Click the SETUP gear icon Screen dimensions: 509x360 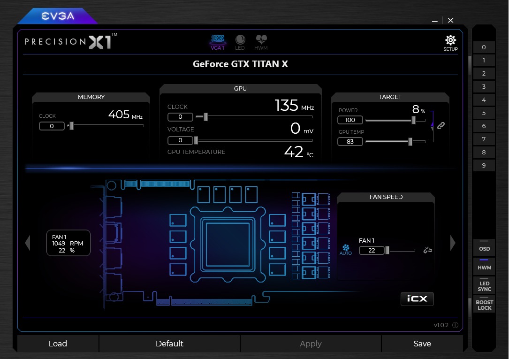pyautogui.click(x=450, y=40)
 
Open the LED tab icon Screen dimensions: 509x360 pyautogui.click(x=240, y=39)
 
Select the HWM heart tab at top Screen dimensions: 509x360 pyautogui.click(x=261, y=39)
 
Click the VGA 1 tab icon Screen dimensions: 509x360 pyautogui.click(x=218, y=39)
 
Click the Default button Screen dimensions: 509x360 pyautogui.click(x=169, y=344)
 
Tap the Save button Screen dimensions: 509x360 pyautogui.click(x=422, y=344)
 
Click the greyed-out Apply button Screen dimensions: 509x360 pyautogui.click(x=311, y=344)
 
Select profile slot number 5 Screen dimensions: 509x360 pyautogui.click(x=484, y=113)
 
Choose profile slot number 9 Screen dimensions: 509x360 pyautogui.click(x=484, y=165)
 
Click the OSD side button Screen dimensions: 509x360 pyautogui.click(x=484, y=248)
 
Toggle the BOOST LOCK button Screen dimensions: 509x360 pyautogui.click(x=484, y=305)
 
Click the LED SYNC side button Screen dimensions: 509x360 pyautogui.click(x=484, y=285)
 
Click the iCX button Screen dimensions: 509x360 pyautogui.click(x=417, y=299)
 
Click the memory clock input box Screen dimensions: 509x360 pyautogui.click(x=52, y=126)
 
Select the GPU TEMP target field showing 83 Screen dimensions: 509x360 pyautogui.click(x=350, y=142)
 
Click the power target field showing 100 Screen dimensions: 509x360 pyautogui.click(x=350, y=120)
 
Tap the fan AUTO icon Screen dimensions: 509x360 pyautogui.click(x=346, y=250)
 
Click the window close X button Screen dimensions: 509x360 pyautogui.click(x=450, y=21)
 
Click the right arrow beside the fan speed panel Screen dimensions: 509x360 pyautogui.click(x=453, y=243)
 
